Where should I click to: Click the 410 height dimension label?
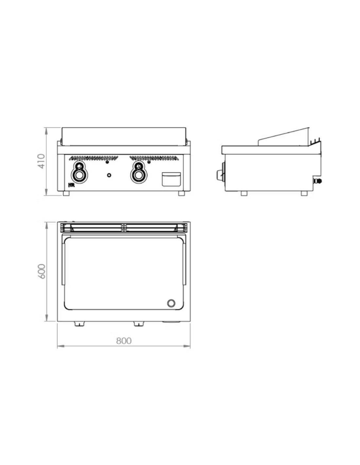[x=41, y=161]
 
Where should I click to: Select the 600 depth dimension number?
[x=41, y=271]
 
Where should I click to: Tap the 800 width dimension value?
[x=124, y=341]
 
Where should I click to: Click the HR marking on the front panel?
[x=71, y=185]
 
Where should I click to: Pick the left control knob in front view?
[x=79, y=172]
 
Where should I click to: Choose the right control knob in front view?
[x=138, y=172]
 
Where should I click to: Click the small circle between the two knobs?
[x=109, y=175]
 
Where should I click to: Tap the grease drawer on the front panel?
[x=171, y=179]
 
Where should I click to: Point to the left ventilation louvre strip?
[x=93, y=158]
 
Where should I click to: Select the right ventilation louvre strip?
[x=154, y=158]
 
